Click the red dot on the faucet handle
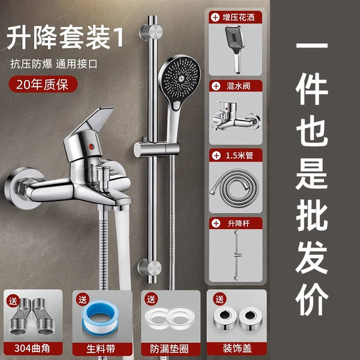point(91,146)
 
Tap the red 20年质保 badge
point(43,84)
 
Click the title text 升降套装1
point(65,37)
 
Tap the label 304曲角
point(32,348)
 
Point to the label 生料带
point(101,349)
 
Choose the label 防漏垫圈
point(169,349)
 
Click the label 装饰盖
point(237,348)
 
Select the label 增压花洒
point(239,17)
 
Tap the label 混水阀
point(238,86)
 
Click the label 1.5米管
point(239,155)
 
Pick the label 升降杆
point(239,223)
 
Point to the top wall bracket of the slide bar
point(151,32)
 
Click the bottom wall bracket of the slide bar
point(149,268)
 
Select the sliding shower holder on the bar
point(157,149)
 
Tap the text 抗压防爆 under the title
point(31,64)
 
